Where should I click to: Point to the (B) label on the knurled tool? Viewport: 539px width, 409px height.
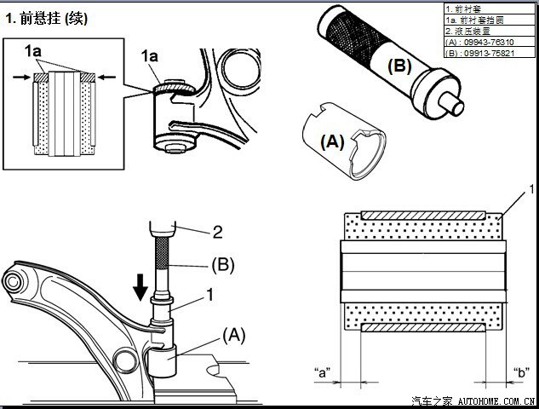[x=399, y=65]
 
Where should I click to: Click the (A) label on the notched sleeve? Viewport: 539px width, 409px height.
[x=331, y=142]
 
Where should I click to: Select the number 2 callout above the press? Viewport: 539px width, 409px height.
[x=218, y=230]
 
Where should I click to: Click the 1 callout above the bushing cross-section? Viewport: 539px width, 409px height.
[x=532, y=187]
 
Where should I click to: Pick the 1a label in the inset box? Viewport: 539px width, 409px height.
[x=33, y=52]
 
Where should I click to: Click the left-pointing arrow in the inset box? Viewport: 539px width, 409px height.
[x=103, y=77]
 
